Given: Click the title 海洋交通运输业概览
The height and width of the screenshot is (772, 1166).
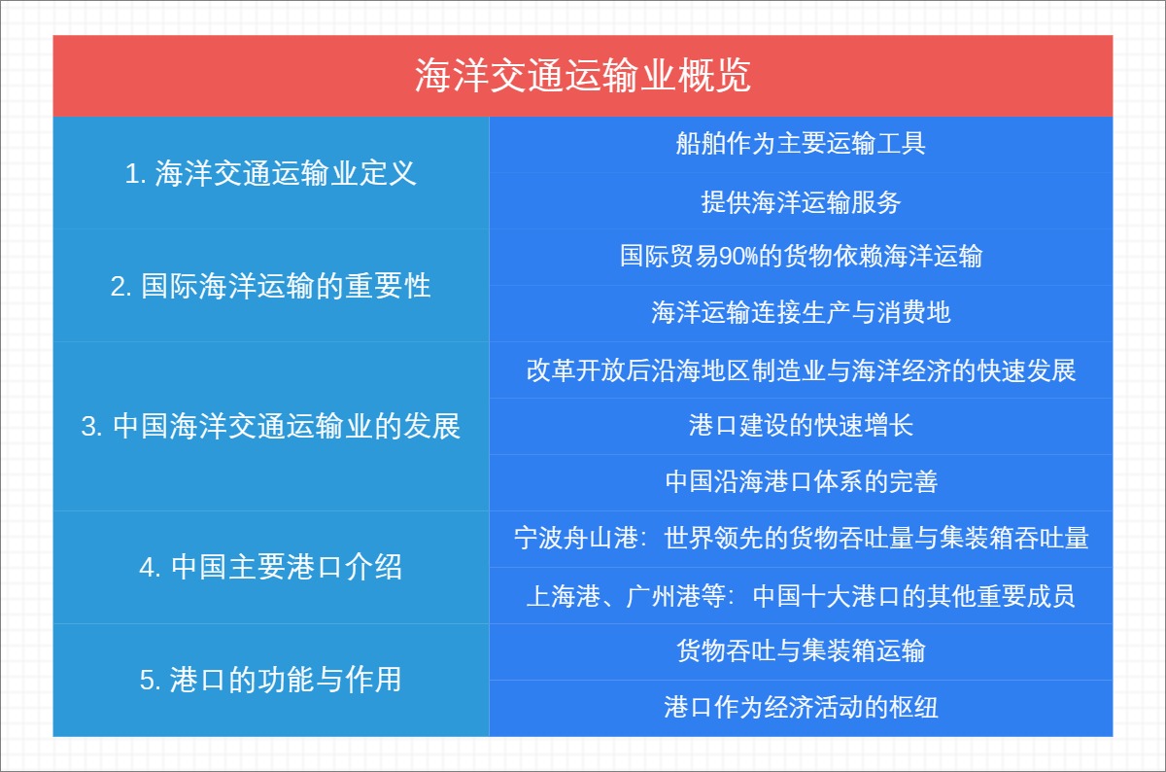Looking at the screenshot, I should tap(582, 76).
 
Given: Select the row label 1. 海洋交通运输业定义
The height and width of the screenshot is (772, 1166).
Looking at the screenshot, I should tap(271, 174).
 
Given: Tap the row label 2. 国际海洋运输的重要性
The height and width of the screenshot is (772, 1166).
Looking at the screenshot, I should tap(271, 287).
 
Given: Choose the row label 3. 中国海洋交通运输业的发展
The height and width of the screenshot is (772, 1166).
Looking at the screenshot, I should tap(271, 427).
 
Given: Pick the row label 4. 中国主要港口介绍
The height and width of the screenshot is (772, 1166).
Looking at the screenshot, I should tap(271, 567).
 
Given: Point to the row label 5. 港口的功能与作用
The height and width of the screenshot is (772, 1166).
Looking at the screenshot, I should tap(271, 680).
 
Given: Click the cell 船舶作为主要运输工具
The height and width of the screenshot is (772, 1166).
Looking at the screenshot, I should tap(801, 144).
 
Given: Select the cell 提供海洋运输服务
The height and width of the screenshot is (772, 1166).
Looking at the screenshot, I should tap(801, 202).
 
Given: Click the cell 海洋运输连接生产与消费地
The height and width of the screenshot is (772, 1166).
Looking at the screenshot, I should tap(801, 313).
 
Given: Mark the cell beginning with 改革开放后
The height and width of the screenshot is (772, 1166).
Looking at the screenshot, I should tap(801, 370).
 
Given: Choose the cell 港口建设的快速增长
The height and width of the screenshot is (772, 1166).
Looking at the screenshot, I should tap(801, 426).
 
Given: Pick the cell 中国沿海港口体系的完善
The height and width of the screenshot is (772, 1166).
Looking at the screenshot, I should tap(801, 481).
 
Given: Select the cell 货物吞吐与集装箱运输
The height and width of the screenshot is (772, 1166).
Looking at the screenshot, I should tap(801, 650).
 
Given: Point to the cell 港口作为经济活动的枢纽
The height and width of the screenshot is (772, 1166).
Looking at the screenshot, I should tap(801, 707).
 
